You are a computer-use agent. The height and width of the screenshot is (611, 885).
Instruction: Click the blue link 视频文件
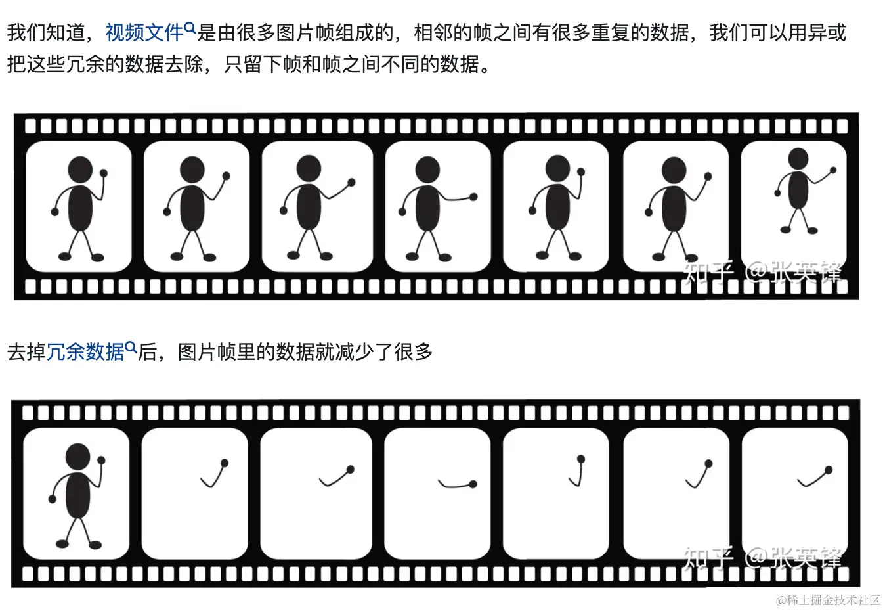[144, 32]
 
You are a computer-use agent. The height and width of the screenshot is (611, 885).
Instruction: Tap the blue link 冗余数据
[85, 351]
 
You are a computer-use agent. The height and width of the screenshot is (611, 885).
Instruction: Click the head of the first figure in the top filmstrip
[80, 170]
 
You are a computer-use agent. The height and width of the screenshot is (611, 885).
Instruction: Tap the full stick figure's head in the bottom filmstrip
[78, 457]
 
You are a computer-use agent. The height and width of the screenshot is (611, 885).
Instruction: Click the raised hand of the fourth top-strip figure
[473, 196]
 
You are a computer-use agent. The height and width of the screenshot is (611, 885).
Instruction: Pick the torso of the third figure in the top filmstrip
[309, 206]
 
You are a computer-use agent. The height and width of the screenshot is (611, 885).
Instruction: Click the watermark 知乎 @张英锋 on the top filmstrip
[762, 273]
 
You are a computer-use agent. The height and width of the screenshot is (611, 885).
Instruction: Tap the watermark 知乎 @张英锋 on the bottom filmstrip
[762, 558]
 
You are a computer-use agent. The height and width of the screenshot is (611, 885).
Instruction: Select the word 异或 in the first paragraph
[827, 32]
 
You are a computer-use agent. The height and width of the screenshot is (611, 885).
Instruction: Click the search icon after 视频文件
[190, 28]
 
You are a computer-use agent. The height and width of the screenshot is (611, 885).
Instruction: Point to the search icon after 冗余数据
[131, 348]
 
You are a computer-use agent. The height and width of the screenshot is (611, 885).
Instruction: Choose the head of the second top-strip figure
[192, 170]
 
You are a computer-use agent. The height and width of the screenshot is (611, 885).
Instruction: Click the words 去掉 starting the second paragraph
[26, 351]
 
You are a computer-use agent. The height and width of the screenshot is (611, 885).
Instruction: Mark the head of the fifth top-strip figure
[557, 168]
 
